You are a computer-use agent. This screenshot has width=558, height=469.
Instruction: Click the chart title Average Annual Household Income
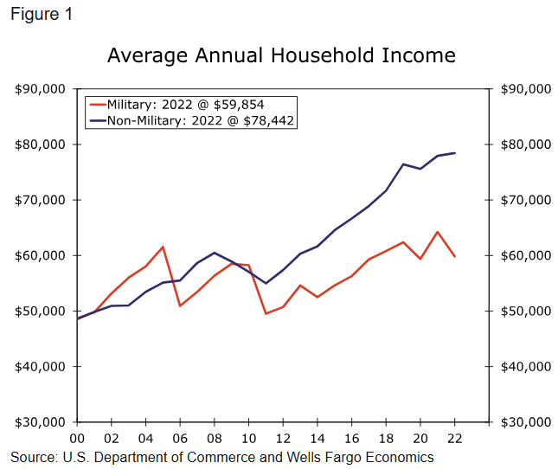[281, 55]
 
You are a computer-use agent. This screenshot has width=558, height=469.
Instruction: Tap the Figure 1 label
[39, 15]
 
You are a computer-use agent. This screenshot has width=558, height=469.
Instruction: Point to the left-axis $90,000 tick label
[41, 89]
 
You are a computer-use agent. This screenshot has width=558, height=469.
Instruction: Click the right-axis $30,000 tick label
[525, 422]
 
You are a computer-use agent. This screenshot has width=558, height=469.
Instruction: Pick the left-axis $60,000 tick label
[41, 255]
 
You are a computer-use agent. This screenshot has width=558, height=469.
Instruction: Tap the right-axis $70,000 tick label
[525, 200]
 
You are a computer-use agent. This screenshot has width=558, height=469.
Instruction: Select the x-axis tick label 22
[454, 438]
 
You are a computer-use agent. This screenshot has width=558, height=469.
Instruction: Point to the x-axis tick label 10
[248, 438]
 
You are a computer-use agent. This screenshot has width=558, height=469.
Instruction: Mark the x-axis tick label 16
[351, 438]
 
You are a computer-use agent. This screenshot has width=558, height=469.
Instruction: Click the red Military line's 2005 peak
[163, 247]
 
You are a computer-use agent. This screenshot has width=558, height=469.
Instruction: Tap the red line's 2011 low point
[266, 313]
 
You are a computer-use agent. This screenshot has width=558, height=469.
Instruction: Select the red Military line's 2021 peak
[437, 232]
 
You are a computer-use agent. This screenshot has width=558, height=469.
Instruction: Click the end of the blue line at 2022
[454, 153]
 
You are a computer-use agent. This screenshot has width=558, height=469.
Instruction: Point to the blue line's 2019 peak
[403, 164]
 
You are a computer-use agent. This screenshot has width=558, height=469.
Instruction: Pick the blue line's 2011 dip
[266, 283]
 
